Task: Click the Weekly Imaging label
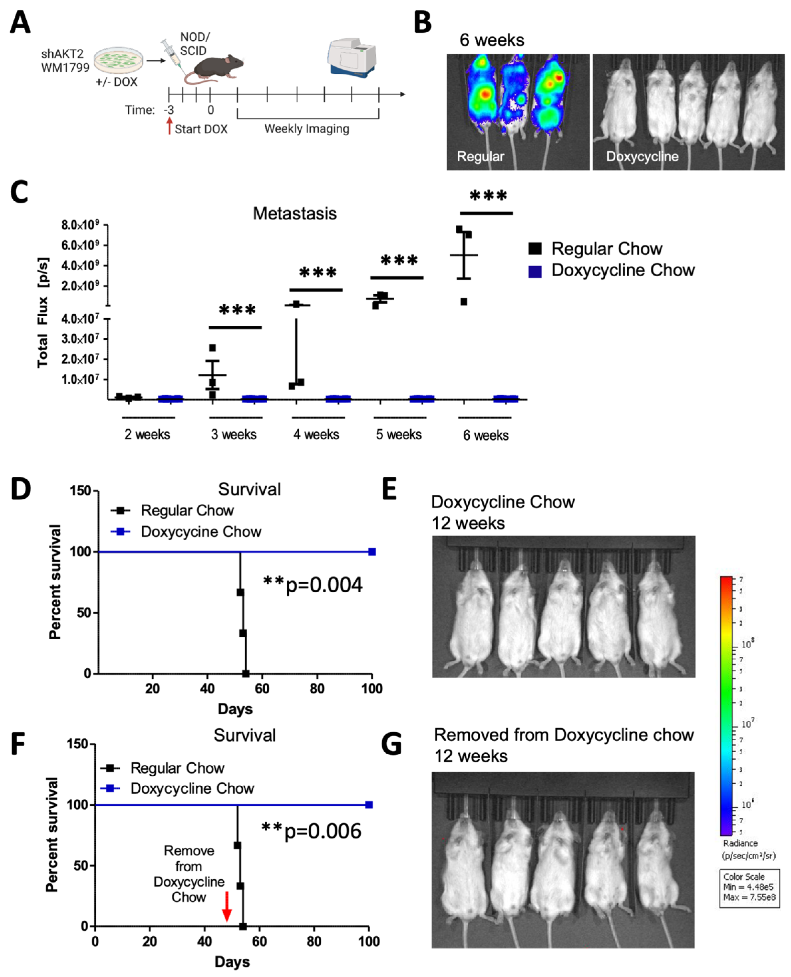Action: pos(307,129)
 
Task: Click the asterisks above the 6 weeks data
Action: pos(488,196)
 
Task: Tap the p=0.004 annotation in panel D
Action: pos(313,585)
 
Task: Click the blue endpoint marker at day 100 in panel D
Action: pos(372,552)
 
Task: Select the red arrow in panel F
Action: pos(226,907)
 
